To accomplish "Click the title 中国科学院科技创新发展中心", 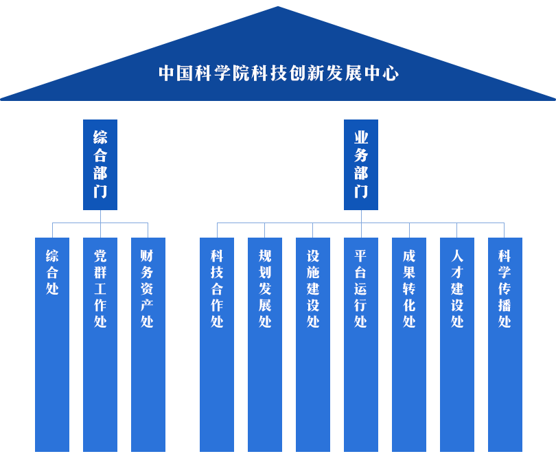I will click(x=278, y=73).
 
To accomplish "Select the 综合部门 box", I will click(x=100, y=165).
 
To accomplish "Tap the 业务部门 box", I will click(x=360, y=165).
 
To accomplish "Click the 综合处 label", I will click(x=52, y=273).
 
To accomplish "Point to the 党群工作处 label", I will click(x=100, y=288).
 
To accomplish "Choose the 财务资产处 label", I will click(x=148, y=288).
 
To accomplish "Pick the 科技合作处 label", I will click(x=217, y=288).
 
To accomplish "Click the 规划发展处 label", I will click(x=265, y=288).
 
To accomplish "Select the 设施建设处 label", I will click(x=313, y=288).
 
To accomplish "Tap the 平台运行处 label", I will click(x=360, y=288).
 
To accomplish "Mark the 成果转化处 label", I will click(x=409, y=288).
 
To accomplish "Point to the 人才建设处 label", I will click(x=457, y=288).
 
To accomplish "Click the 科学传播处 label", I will click(x=505, y=288).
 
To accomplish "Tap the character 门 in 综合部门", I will click(x=100, y=191).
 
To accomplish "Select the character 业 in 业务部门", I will click(x=360, y=137).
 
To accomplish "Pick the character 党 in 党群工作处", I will click(x=100, y=256).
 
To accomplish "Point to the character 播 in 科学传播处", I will click(x=505, y=305).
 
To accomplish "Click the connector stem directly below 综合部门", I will click(x=100, y=217).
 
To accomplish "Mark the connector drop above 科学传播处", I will click(x=505, y=230).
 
